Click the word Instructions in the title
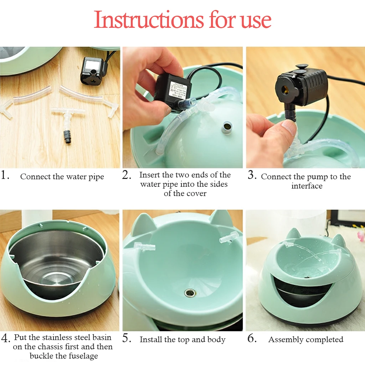[149, 20]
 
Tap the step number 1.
[5, 175]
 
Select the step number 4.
[5, 338]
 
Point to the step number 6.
[252, 338]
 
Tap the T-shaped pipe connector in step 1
[67, 116]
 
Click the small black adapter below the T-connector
[67, 137]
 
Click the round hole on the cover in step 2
[227, 127]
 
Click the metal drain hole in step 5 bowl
[190, 293]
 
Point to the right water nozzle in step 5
[229, 237]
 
